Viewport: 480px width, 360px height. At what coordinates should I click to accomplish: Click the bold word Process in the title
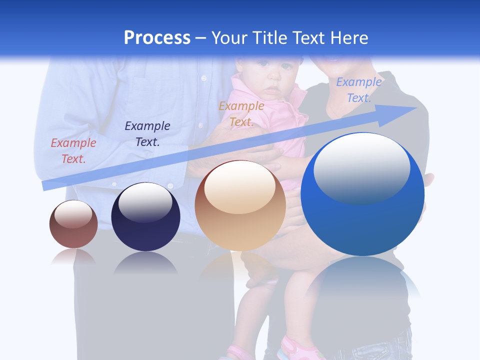point(157,38)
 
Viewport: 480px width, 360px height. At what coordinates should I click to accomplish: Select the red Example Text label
point(73,150)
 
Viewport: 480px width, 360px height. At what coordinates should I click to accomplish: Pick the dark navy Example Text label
point(147,133)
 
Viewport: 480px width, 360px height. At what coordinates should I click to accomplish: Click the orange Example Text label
point(241,113)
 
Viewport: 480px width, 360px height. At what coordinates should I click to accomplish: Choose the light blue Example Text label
point(358,90)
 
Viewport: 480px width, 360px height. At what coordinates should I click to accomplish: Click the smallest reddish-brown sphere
point(73,225)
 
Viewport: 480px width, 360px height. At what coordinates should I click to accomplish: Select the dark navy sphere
point(145,218)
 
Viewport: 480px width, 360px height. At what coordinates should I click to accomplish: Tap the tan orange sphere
point(240,206)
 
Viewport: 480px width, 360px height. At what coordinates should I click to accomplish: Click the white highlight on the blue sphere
point(361,167)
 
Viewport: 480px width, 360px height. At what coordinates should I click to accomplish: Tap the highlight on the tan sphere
point(239,187)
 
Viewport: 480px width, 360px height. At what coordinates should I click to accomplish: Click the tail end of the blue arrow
point(46,185)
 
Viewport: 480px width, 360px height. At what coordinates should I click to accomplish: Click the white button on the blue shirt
point(203,78)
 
